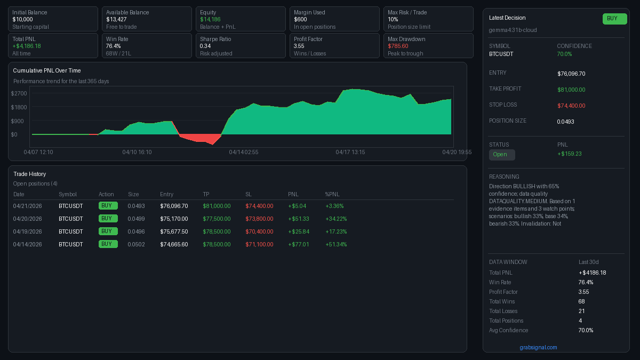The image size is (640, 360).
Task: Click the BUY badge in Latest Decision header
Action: tap(614, 19)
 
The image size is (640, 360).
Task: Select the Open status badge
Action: tap(502, 155)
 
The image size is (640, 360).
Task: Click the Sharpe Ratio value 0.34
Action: tap(205, 46)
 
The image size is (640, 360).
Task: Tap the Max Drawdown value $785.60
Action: tap(398, 46)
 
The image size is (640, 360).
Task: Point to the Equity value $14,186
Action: tap(210, 19)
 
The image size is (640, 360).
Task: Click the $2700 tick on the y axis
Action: tap(19, 93)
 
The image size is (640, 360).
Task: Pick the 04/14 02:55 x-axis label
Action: tap(244, 152)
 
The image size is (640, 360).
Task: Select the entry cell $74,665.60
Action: tap(174, 244)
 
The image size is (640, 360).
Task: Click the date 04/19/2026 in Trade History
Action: tap(27, 231)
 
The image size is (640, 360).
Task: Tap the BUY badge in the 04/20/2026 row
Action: tap(107, 219)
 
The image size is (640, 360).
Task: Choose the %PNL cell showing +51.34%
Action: tap(336, 244)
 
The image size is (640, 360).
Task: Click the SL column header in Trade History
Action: tap(249, 194)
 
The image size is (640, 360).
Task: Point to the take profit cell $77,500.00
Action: tap(217, 219)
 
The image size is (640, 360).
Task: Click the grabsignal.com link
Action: tap(538, 347)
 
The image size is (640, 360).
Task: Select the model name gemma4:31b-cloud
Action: tap(513, 30)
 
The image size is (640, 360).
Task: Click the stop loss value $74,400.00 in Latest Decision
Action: tap(571, 106)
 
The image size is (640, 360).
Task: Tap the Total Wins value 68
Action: tap(582, 301)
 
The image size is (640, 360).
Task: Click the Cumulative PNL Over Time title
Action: tap(47, 70)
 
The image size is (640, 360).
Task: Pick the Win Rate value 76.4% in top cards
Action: tap(113, 46)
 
